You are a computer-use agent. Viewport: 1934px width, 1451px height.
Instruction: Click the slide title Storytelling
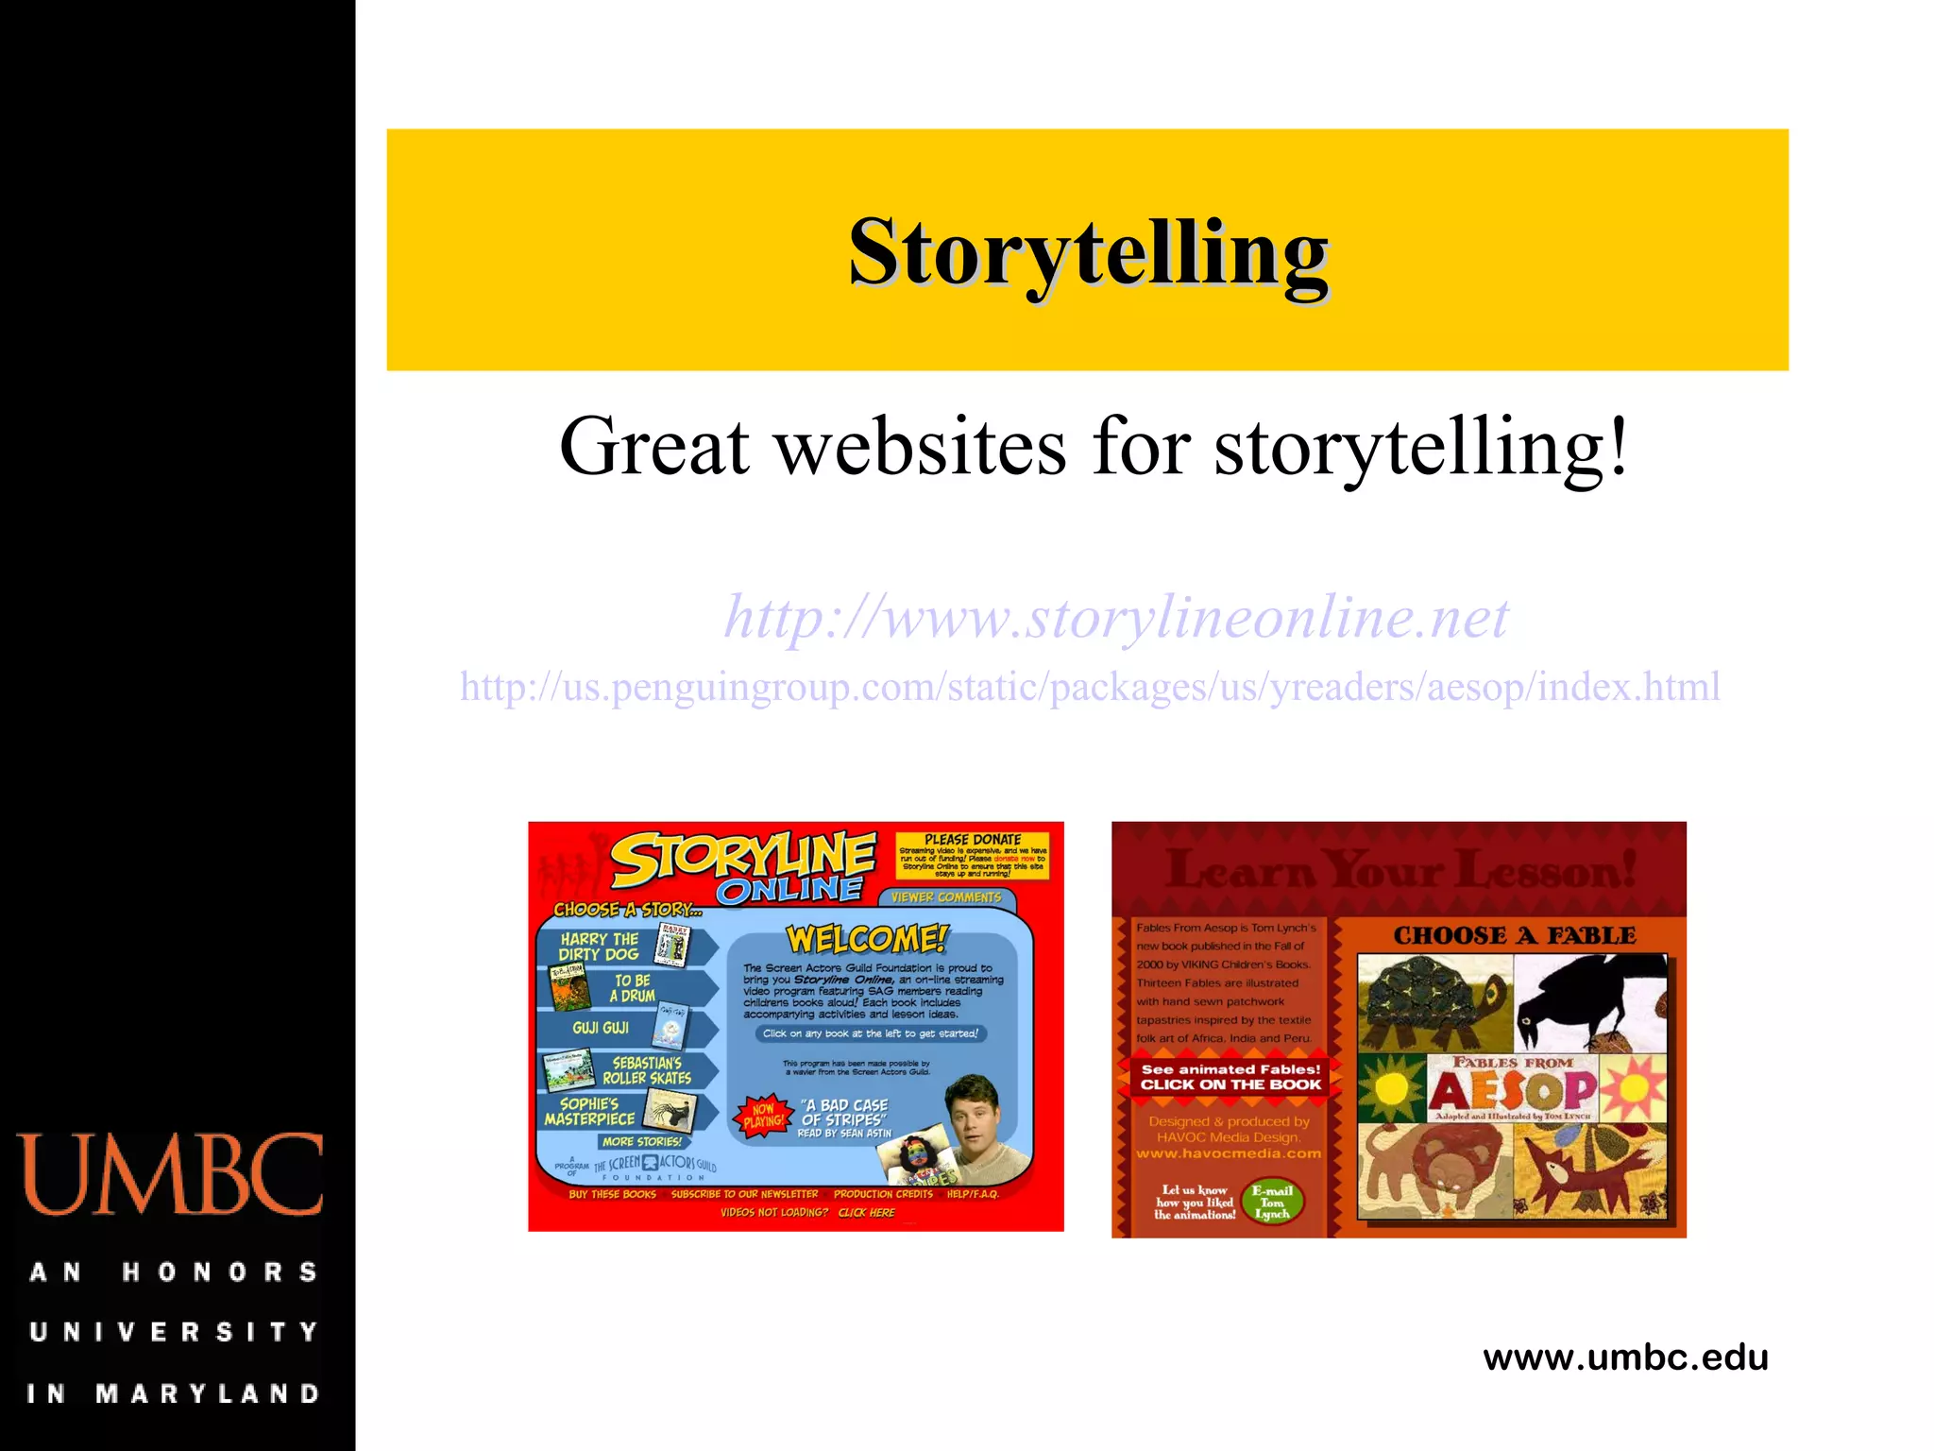point(1088,252)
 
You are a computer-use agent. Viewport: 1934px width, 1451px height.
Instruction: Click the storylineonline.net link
point(1116,617)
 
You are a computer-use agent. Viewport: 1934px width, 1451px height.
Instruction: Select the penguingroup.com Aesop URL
point(1090,687)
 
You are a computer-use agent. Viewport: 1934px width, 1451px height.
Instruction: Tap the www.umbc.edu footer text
point(1625,1357)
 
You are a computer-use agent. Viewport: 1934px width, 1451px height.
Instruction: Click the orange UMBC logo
point(170,1174)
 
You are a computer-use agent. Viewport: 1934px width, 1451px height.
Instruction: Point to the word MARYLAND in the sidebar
point(209,1393)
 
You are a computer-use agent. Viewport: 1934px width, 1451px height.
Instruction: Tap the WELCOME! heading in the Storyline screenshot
point(867,939)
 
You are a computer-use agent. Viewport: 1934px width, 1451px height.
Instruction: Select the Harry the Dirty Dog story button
point(623,947)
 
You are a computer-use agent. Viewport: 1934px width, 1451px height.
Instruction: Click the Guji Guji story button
point(623,1028)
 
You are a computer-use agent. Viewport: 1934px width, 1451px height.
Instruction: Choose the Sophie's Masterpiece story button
point(619,1112)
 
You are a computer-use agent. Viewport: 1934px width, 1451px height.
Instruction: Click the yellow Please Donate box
point(972,856)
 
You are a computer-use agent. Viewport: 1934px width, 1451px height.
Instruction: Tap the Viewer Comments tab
point(945,897)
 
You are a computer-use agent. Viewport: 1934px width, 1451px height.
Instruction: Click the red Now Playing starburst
point(763,1116)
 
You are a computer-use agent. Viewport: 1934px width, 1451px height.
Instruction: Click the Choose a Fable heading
point(1514,935)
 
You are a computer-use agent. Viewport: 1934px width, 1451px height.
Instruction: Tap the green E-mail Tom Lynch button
point(1272,1203)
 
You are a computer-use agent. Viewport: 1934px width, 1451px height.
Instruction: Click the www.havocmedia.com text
point(1229,1153)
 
